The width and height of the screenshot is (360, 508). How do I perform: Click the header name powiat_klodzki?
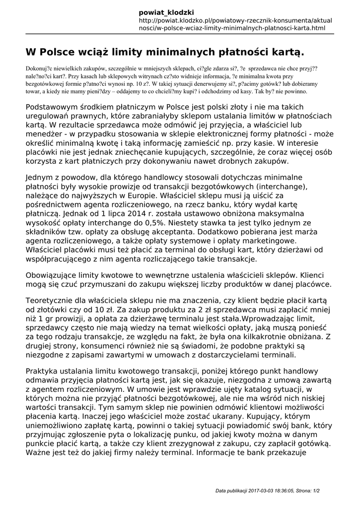[x=166, y=12]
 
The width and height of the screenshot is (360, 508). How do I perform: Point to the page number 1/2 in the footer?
[x=316, y=491]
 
